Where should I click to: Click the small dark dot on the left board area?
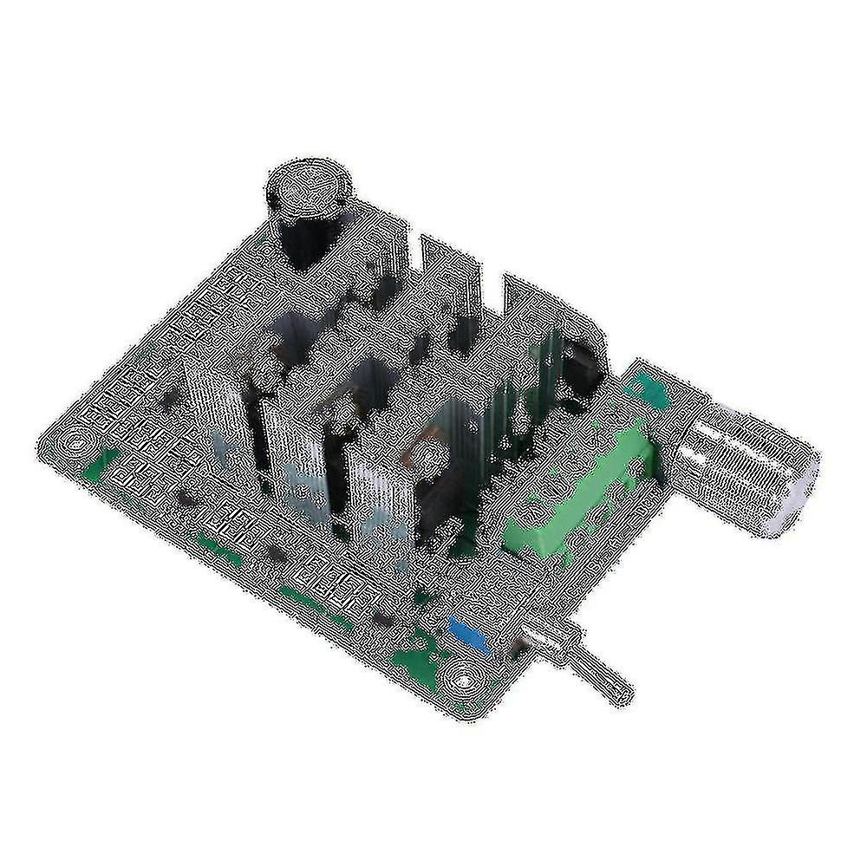(186, 498)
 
